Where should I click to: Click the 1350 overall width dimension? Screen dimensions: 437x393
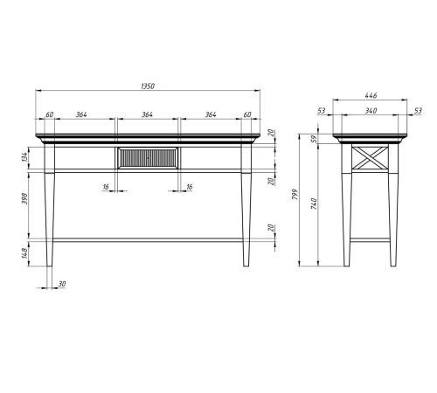pos(148,86)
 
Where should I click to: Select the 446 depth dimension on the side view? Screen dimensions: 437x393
pos(371,95)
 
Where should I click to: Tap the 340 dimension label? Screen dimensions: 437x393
pos(371,111)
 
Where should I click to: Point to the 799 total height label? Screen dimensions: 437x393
pos(295,194)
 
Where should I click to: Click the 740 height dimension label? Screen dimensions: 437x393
pos(314,203)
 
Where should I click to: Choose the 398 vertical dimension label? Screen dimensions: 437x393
pos(24,198)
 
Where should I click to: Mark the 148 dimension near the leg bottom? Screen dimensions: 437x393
pos(24,252)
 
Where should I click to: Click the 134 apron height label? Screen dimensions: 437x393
pos(24,157)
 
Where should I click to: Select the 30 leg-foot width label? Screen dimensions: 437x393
pos(62,284)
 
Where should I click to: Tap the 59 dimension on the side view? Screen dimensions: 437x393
pos(314,138)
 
